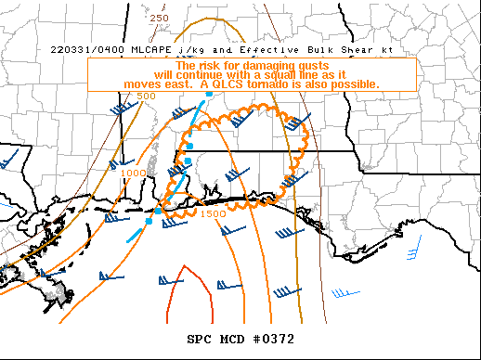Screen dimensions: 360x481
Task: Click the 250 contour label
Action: click(x=159, y=18)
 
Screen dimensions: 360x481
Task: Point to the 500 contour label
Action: click(x=146, y=96)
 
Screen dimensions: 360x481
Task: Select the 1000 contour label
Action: click(x=134, y=174)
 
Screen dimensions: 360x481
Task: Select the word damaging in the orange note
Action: click(x=265, y=66)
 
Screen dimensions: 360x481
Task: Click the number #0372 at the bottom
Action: click(x=275, y=339)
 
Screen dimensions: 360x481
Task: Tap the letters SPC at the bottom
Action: click(x=200, y=339)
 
